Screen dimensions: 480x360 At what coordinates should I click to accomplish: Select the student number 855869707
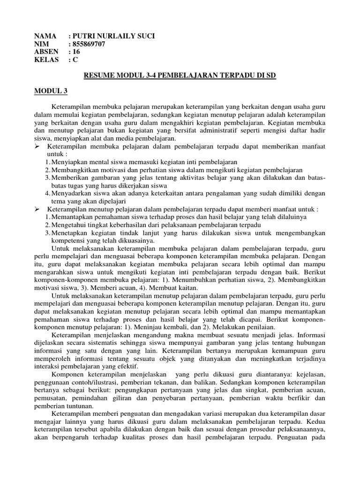pyautogui.click(x=89, y=45)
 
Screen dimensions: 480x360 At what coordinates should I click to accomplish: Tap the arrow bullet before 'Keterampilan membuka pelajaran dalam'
pyautogui.click(x=38, y=147)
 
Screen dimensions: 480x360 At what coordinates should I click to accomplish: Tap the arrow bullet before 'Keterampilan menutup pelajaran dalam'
pyautogui.click(x=38, y=209)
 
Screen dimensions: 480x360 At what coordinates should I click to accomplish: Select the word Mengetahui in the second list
pyautogui.click(x=69, y=224)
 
